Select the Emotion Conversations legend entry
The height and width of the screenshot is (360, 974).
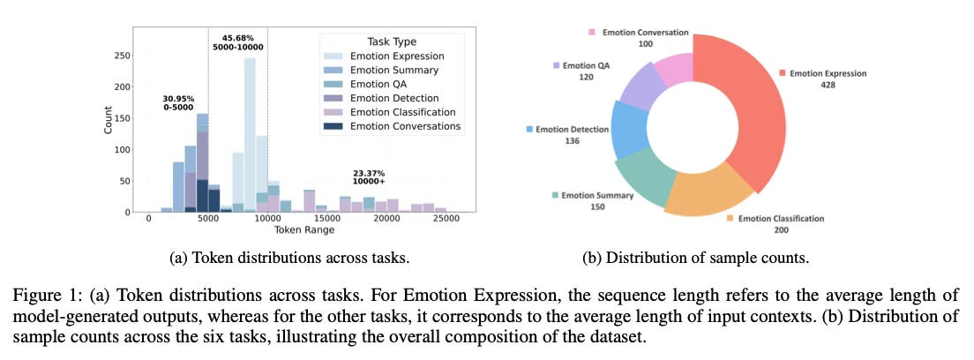(x=405, y=126)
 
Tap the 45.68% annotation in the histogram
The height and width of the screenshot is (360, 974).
(x=237, y=37)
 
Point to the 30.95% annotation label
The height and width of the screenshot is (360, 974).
(x=179, y=98)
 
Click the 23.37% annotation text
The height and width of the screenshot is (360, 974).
(x=370, y=174)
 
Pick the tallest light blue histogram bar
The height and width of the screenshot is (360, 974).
(x=250, y=132)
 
